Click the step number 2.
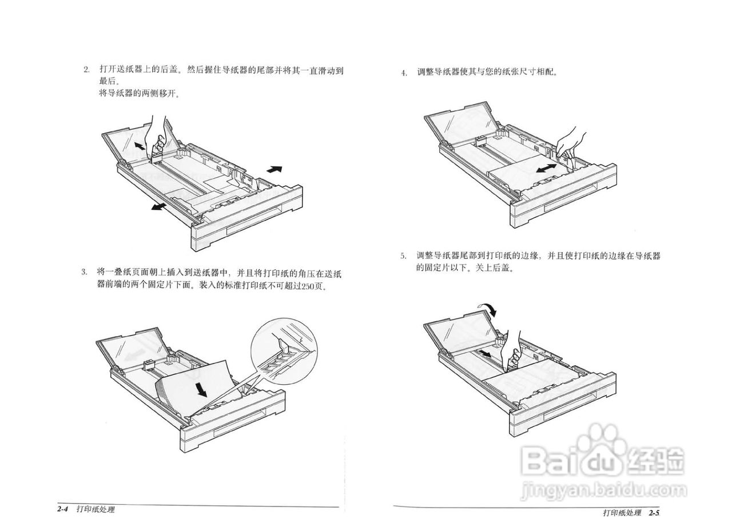tap(86, 70)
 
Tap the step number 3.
tap(83, 272)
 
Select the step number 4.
tap(404, 73)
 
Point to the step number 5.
tap(403, 256)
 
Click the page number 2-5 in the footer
tap(654, 513)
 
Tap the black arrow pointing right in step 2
tap(274, 169)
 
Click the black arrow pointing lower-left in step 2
tap(159, 206)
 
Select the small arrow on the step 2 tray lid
tap(140, 146)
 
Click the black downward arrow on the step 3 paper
tap(200, 389)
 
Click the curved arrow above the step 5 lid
tap(490, 309)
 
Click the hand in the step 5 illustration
tap(512, 350)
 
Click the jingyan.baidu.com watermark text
tap(604, 490)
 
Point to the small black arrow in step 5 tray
tap(484, 354)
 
